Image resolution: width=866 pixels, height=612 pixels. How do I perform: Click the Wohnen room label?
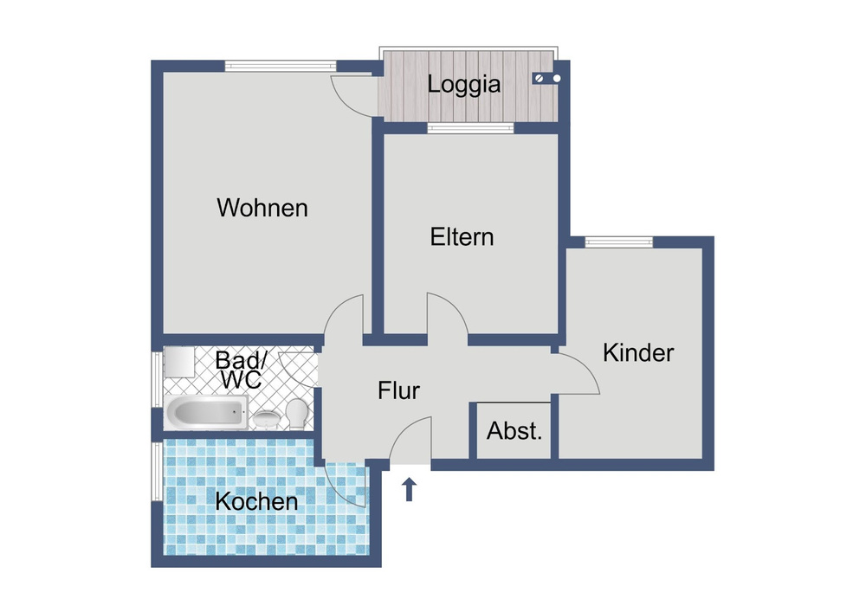(x=262, y=208)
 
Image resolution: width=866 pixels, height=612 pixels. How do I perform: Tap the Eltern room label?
(x=462, y=236)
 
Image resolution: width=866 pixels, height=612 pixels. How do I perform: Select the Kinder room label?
(x=638, y=352)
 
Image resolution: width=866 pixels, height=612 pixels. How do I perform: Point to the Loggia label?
(x=464, y=85)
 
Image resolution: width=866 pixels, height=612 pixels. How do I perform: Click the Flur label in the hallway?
(x=398, y=390)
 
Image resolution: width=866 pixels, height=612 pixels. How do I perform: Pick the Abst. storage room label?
(x=514, y=431)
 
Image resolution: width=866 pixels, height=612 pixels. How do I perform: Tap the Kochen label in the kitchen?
(x=257, y=501)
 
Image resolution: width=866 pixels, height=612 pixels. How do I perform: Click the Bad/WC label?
(x=241, y=370)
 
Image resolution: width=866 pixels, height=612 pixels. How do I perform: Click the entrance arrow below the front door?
(x=410, y=489)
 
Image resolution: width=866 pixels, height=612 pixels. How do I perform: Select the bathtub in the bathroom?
(x=206, y=412)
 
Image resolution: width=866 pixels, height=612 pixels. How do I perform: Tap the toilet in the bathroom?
(x=298, y=414)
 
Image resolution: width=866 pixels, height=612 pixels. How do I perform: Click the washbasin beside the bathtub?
(x=268, y=419)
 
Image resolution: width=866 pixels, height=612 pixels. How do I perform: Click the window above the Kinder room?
(x=619, y=242)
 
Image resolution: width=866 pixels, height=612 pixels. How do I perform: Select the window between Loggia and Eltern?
(x=470, y=128)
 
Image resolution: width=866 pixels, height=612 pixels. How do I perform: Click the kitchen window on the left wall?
(x=158, y=471)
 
